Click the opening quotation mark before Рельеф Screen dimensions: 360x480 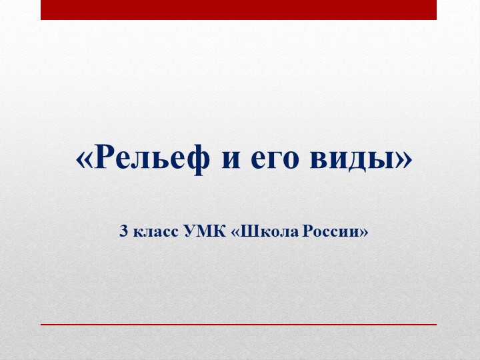83,159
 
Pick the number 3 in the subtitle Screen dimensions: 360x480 123,232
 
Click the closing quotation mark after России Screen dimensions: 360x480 364,233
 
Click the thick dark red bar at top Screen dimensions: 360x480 239,9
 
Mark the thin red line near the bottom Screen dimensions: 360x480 239,324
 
